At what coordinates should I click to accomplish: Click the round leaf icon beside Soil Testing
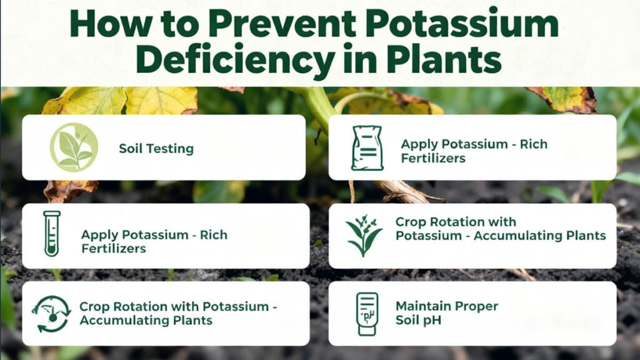74,147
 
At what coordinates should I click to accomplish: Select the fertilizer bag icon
367,147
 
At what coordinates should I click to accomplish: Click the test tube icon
52,234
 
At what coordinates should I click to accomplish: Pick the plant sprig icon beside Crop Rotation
364,235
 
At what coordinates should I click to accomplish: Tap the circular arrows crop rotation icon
51,313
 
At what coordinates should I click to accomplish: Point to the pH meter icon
367,313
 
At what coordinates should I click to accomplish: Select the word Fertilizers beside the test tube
114,248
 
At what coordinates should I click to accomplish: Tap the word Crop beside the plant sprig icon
409,222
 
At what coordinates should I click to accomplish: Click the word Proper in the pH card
476,307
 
